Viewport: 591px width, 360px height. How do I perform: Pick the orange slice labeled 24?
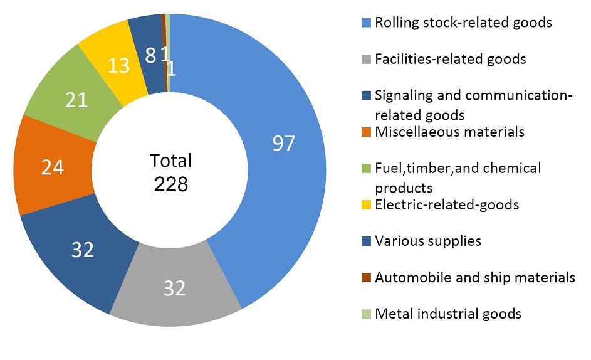click(x=53, y=167)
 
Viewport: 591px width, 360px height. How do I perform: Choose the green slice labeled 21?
click(x=76, y=100)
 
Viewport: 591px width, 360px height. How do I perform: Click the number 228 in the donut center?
click(x=170, y=185)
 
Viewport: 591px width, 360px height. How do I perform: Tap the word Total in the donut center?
click(x=170, y=161)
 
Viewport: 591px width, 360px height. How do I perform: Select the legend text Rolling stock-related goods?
click(x=463, y=23)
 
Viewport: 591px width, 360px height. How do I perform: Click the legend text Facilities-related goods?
click(x=450, y=60)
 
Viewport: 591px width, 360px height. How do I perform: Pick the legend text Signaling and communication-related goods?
click(x=473, y=105)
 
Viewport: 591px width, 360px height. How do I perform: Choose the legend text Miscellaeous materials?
click(x=449, y=132)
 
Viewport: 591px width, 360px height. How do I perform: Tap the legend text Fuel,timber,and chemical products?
click(x=458, y=177)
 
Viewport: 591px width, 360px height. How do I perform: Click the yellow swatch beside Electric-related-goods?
click(x=367, y=204)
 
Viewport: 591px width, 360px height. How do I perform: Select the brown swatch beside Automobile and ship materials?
click(x=367, y=277)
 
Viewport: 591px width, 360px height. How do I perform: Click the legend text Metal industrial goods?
click(x=447, y=314)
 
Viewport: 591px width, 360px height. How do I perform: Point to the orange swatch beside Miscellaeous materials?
click(x=367, y=132)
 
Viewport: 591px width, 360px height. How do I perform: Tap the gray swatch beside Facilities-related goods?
click(x=367, y=60)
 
